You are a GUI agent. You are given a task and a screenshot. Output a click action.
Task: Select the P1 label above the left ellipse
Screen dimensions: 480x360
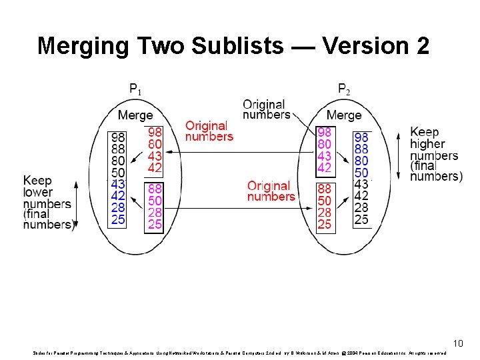[135, 88]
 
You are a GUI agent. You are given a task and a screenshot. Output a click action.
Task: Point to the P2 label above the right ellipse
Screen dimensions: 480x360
[344, 88]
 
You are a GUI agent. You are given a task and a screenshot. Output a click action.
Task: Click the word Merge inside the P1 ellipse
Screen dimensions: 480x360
[135, 115]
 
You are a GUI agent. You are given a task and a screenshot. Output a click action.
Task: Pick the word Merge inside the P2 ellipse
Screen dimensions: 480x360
[344, 115]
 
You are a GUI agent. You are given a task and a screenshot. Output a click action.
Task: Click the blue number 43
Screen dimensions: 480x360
[117, 184]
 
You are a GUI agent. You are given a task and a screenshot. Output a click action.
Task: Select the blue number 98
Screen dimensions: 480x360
[361, 136]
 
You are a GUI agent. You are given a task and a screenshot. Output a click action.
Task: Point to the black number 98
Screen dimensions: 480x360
[117, 137]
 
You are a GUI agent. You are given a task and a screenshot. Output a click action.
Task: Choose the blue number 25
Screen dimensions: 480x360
[117, 219]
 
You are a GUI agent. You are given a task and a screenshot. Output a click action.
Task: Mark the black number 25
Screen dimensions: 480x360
[361, 219]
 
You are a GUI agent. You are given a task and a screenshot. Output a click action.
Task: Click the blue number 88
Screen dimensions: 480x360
[361, 148]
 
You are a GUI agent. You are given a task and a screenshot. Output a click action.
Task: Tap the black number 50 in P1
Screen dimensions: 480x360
[117, 172]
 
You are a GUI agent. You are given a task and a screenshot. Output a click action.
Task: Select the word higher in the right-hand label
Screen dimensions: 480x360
[427, 144]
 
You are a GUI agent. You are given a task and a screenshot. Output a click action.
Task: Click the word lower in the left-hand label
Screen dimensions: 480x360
[38, 193]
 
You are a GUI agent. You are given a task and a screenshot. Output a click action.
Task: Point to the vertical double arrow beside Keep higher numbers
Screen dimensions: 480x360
[398, 155]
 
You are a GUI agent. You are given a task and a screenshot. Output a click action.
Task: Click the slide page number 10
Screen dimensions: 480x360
[457, 343]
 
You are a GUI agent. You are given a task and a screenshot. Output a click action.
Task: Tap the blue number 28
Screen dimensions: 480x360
[117, 207]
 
